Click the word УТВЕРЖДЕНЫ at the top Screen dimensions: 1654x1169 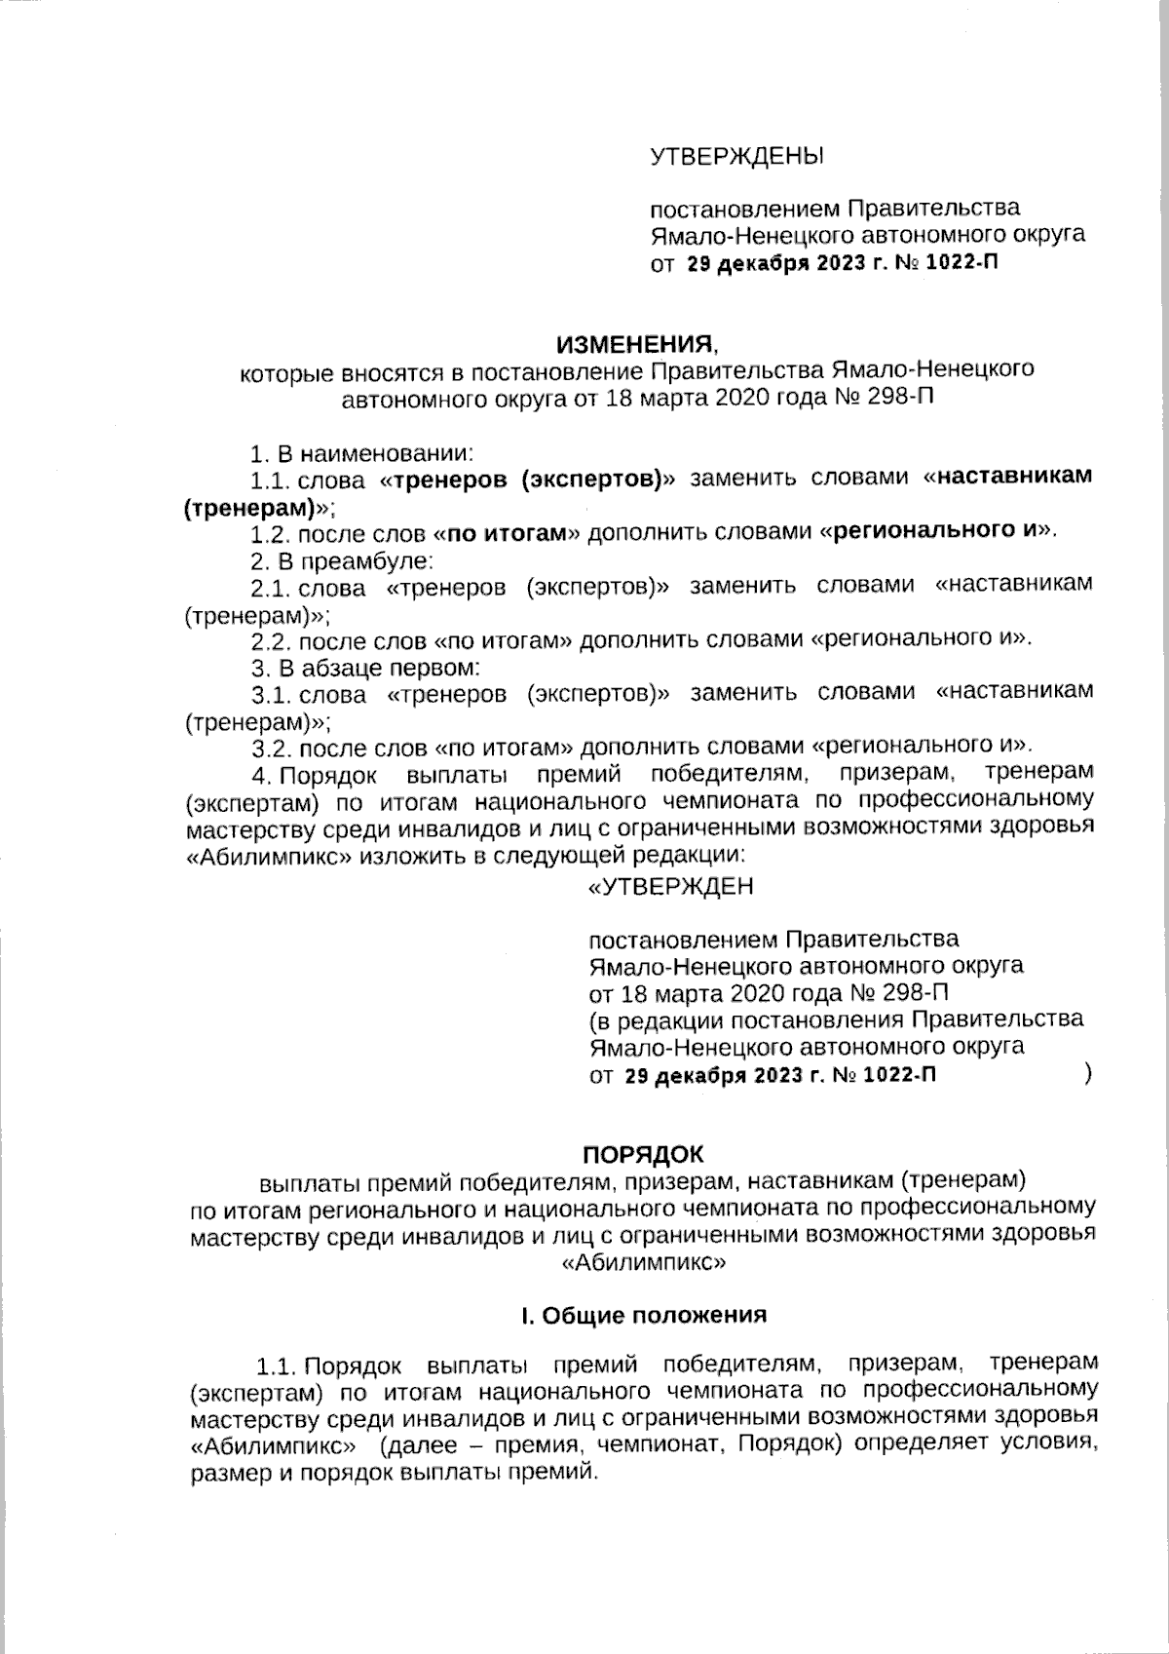[736, 156]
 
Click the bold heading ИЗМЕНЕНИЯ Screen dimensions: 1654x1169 [635, 344]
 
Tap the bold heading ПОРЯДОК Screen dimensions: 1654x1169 [642, 1154]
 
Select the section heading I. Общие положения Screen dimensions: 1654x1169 [644, 1315]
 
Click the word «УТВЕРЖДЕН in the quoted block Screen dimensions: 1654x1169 [671, 886]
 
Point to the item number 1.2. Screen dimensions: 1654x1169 [270, 534]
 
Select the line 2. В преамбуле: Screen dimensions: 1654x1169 [342, 561]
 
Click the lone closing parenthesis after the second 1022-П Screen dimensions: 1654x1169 [1086, 1074]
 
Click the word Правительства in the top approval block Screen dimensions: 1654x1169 [932, 209]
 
